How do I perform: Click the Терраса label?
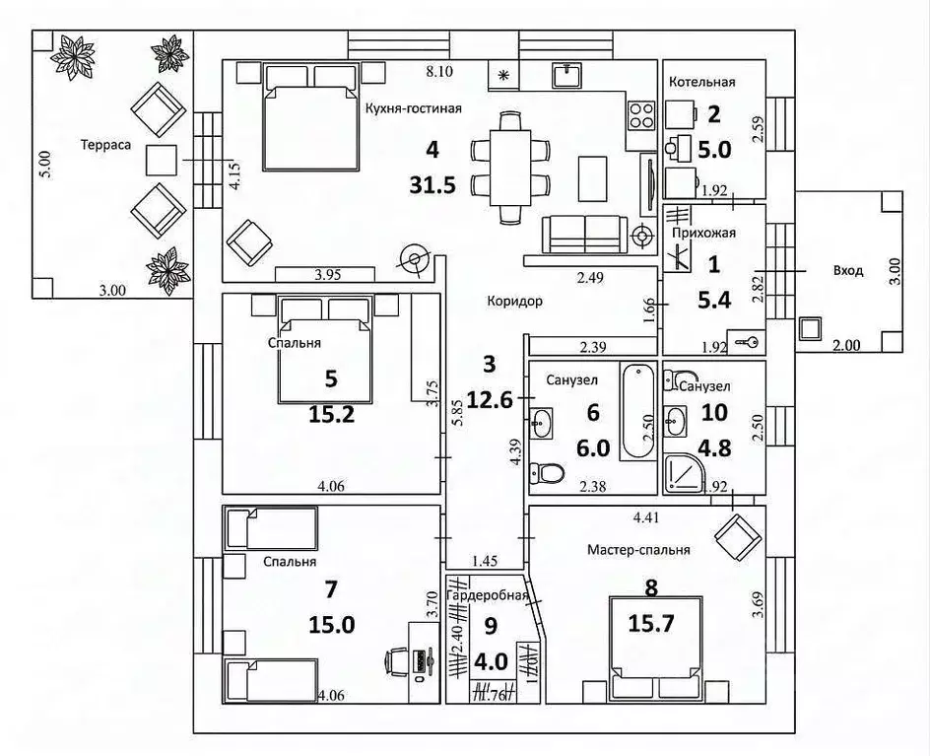click(x=105, y=144)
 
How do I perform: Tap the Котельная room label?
click(x=701, y=82)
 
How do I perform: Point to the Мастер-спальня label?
click(x=637, y=550)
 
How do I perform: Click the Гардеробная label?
click(x=488, y=596)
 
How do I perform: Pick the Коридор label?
click(x=513, y=302)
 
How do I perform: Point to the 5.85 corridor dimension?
click(x=457, y=405)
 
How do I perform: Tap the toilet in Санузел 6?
click(x=547, y=474)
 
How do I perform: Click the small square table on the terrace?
click(x=162, y=161)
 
